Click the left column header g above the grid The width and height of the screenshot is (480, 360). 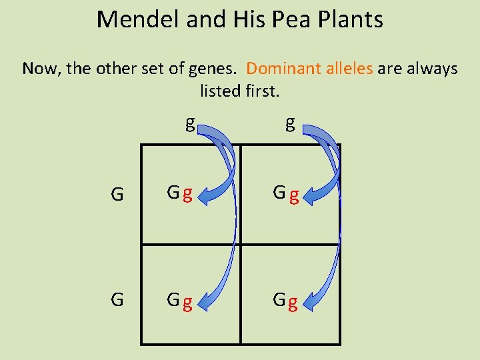point(190,123)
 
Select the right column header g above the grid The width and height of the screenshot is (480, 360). point(290,123)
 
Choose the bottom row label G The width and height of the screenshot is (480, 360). point(117,299)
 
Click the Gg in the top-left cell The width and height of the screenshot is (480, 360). point(180,194)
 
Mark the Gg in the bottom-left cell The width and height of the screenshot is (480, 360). point(180,301)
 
